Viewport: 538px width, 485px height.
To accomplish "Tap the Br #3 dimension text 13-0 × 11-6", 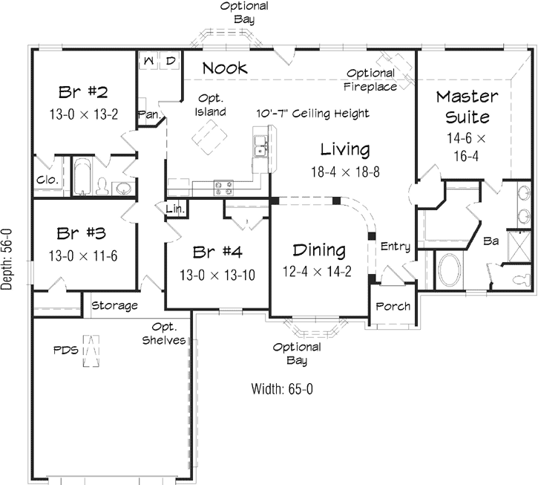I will pyautogui.click(x=83, y=255).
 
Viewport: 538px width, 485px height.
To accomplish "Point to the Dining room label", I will pyautogui.click(x=318, y=250).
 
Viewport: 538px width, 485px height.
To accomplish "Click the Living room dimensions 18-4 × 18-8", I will pyautogui.click(x=345, y=171).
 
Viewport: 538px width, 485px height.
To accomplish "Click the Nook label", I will pyautogui.click(x=225, y=68).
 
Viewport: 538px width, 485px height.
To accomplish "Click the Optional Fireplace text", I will pyautogui.click(x=370, y=79).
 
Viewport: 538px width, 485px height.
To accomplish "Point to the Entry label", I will pyautogui.click(x=395, y=247).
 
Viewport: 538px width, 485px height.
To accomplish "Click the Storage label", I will pyautogui.click(x=114, y=305).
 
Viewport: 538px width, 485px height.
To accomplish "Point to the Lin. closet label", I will pyautogui.click(x=175, y=209).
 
